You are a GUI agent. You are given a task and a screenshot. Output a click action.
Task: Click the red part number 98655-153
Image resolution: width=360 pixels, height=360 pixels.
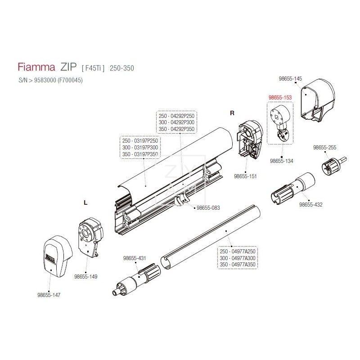coord(280,98)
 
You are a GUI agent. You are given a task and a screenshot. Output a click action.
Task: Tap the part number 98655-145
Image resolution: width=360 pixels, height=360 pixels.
coord(290,79)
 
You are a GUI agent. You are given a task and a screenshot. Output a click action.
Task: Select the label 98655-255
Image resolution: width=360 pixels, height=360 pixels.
coord(324,148)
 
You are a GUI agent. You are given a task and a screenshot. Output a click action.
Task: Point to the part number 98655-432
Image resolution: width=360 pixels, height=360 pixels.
coord(310,205)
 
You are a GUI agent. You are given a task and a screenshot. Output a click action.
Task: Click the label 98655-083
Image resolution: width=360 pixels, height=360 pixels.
coord(208,208)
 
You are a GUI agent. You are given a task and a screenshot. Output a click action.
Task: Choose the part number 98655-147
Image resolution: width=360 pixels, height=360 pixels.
coord(49,295)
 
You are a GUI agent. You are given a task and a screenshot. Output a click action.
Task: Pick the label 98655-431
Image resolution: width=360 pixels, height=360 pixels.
coord(135,258)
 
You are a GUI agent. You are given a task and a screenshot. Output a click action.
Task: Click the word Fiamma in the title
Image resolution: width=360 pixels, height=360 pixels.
coord(36,67)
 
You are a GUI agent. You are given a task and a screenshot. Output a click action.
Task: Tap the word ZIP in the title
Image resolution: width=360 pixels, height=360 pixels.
coord(68,67)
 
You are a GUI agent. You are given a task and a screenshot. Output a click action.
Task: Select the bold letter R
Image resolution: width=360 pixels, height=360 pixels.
coord(232,113)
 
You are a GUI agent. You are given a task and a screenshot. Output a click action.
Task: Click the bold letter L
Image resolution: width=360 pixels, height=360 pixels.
coord(85,203)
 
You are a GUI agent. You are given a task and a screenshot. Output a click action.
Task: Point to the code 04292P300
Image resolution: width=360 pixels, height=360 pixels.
coord(182,122)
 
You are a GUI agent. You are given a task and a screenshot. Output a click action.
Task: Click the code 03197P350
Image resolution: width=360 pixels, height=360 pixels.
coord(146,154)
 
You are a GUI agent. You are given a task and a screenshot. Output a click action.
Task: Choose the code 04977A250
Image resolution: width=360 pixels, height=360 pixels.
coord(243,252)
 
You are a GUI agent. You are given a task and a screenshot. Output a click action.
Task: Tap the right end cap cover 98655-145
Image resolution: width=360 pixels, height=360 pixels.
coord(318,100)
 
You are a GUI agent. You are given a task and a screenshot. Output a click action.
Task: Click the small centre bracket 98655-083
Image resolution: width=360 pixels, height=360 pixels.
coord(181,199)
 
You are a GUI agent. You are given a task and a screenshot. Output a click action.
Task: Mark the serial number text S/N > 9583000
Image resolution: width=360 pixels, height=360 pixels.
coord(37,81)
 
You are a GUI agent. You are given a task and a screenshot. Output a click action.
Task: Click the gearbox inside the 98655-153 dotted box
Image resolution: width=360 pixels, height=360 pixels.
coord(280,122)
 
